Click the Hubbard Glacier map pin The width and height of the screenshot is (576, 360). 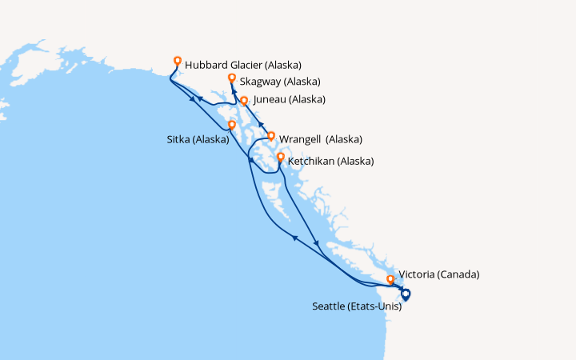click(x=178, y=60)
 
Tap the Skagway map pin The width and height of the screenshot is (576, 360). click(x=231, y=78)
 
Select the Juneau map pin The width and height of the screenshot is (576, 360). click(x=244, y=101)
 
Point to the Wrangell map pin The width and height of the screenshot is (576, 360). click(x=271, y=136)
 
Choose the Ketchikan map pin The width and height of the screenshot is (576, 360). click(x=280, y=158)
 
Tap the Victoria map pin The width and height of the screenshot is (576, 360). click(x=390, y=280)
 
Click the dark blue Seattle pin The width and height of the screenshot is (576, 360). click(x=406, y=294)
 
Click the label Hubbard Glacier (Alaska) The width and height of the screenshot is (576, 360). click(x=243, y=65)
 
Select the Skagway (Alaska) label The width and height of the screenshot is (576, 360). click(x=280, y=82)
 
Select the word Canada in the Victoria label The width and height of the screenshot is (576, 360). click(x=459, y=274)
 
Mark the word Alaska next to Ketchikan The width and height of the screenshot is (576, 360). click(x=355, y=161)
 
